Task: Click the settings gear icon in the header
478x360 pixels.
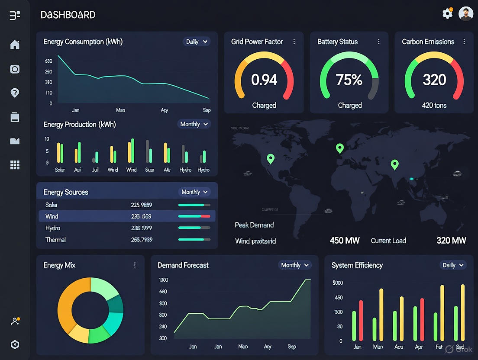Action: [447, 14]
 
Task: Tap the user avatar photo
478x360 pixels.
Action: [466, 14]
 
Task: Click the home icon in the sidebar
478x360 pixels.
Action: [15, 45]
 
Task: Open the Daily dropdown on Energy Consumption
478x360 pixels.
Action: [197, 42]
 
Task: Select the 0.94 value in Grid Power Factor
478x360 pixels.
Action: [264, 80]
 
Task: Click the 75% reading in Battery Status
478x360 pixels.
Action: [349, 80]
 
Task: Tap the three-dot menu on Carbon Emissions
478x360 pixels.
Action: [464, 42]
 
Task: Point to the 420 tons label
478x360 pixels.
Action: [434, 105]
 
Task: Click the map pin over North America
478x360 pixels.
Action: [271, 158]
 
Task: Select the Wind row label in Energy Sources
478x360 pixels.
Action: [52, 216]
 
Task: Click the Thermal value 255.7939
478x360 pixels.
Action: [141, 240]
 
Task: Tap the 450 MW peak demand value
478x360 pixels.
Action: [345, 241]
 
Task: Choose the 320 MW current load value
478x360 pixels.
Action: [451, 241]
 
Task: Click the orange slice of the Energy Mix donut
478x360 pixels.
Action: [67, 303]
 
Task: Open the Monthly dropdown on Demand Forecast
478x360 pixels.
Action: [295, 265]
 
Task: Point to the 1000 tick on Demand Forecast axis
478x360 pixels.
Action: [163, 280]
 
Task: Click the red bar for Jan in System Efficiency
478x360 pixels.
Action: [361, 320]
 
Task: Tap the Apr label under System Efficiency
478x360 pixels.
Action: [418, 347]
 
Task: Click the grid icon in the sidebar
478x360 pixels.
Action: [15, 165]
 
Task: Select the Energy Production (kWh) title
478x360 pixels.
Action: [80, 125]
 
